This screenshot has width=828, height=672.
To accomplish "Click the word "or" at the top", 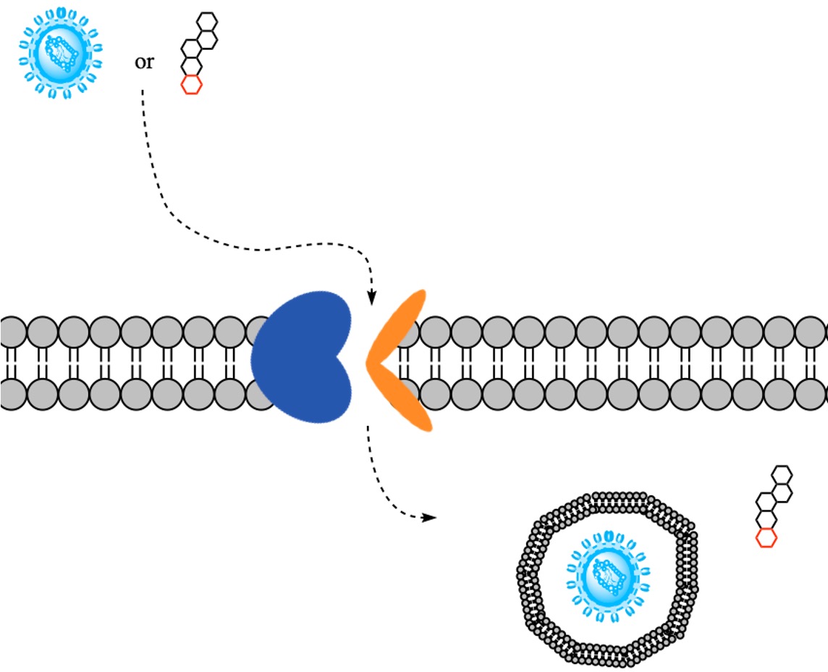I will coord(144,62).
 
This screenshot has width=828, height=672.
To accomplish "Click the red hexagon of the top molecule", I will coord(191,84).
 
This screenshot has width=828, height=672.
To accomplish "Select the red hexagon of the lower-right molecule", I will coord(766,537).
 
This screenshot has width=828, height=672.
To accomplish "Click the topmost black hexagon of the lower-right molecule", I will coord(783,474).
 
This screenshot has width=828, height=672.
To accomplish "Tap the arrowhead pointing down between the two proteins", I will coord(372,297).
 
